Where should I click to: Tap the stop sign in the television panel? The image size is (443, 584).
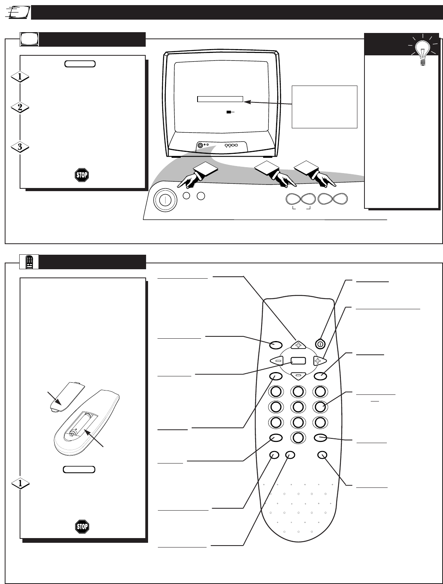point(82,175)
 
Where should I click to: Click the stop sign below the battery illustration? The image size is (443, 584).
point(82,526)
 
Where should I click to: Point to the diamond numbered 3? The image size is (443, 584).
point(20,148)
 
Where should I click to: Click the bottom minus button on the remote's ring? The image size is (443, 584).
point(298,376)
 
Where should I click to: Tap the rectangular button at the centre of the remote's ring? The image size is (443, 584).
point(298,360)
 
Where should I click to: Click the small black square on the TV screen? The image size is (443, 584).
point(228,112)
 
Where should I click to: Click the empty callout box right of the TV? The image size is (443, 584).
point(324,107)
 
